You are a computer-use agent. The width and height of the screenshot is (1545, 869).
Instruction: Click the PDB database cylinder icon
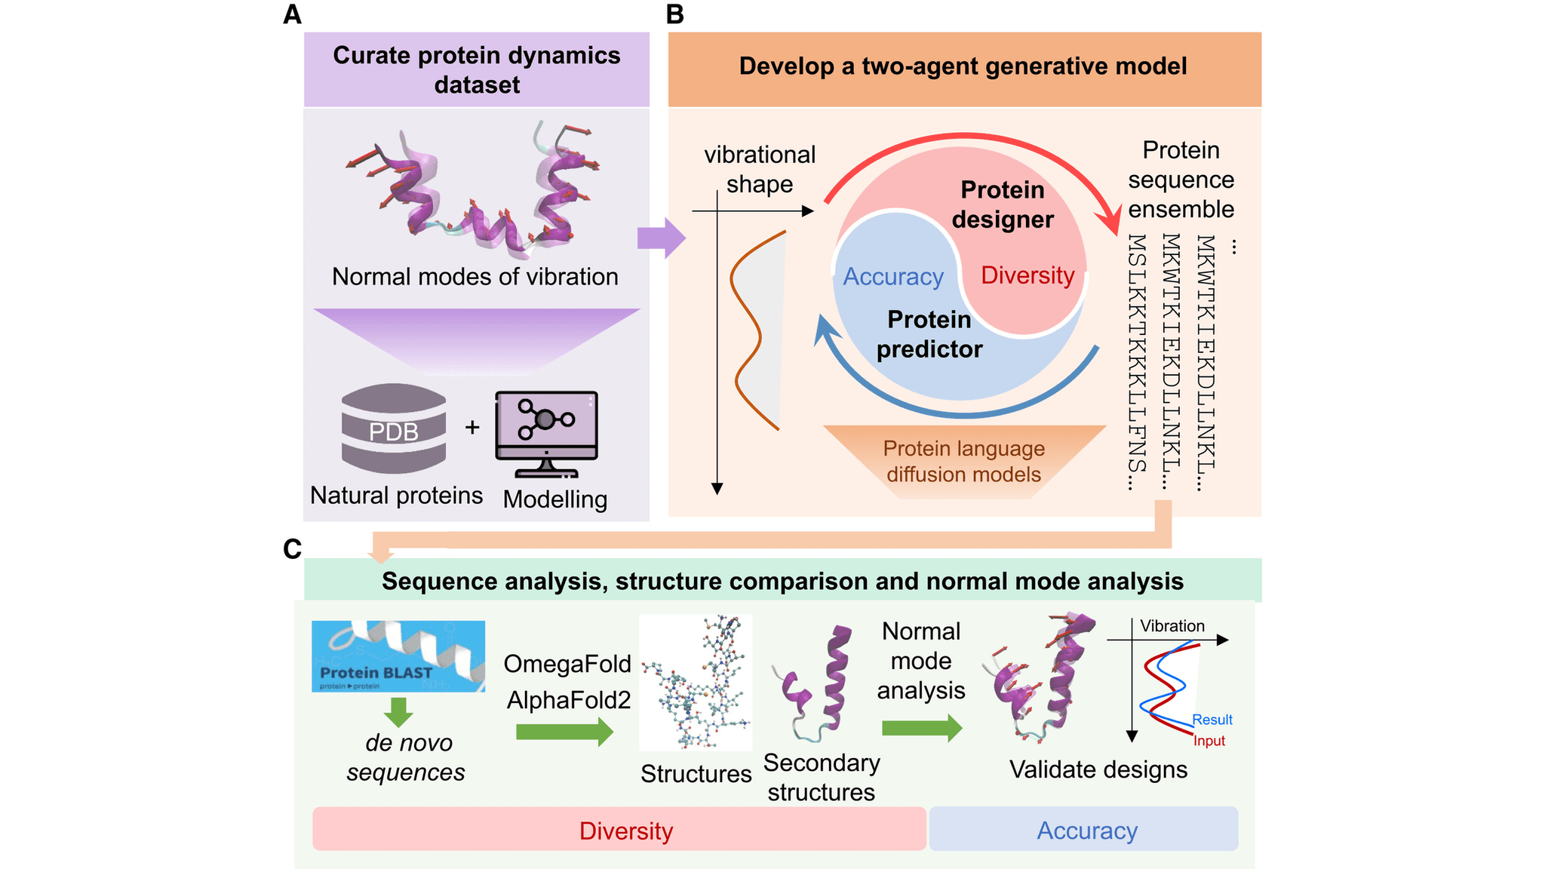click(393, 428)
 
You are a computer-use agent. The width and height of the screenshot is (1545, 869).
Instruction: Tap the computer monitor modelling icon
click(546, 431)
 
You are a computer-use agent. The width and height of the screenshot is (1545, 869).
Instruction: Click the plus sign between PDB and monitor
click(472, 427)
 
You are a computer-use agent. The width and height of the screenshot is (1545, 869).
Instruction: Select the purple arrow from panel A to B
click(661, 238)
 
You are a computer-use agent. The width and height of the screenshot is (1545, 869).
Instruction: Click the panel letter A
click(292, 14)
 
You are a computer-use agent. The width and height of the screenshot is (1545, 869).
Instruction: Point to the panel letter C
click(292, 548)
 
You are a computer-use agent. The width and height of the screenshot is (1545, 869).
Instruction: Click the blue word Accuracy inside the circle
click(893, 277)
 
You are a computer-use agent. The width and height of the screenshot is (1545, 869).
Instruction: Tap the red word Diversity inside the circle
click(1027, 275)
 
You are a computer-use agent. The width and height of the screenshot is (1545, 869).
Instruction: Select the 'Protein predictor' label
click(929, 334)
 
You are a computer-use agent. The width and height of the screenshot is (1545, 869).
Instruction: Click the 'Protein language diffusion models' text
click(963, 462)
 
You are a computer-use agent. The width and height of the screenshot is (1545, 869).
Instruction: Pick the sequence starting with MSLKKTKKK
click(1137, 362)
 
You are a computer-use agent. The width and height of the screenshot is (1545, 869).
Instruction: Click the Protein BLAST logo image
click(398, 656)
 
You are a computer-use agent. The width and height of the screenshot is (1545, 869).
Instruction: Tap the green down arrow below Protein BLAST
click(398, 711)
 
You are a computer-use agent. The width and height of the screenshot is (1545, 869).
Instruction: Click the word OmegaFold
click(567, 664)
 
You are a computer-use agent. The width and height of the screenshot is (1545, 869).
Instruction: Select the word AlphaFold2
click(568, 700)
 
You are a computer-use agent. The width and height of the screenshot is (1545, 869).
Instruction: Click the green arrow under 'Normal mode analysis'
click(921, 728)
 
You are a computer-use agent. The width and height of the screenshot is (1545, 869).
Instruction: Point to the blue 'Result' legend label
click(1212, 720)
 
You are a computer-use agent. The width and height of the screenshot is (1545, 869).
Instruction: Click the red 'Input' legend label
click(1209, 742)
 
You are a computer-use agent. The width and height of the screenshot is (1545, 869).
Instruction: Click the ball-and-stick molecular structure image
click(696, 682)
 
